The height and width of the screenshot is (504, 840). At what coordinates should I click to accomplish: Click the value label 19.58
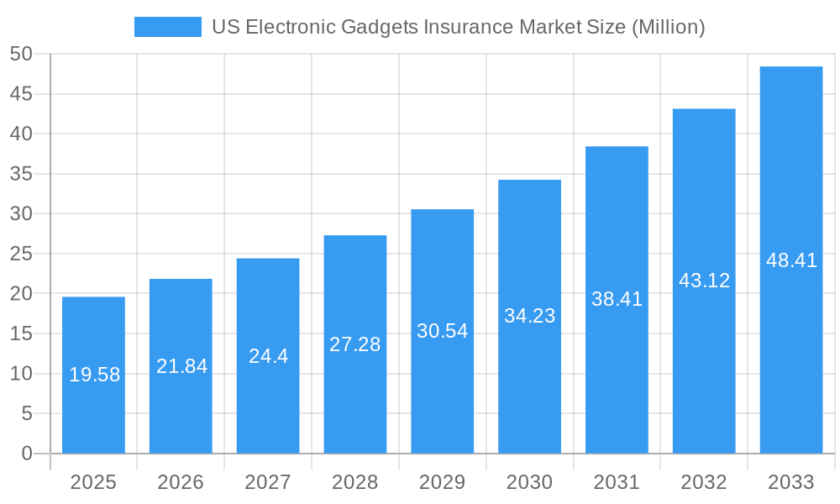[94, 375]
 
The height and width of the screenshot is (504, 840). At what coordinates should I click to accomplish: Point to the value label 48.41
[791, 260]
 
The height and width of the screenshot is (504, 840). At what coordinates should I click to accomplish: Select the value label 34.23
[529, 316]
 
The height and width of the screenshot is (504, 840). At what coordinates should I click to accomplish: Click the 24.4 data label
[268, 356]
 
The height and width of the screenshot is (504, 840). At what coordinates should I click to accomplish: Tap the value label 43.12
[704, 281]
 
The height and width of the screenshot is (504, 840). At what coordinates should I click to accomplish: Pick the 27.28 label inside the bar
[354, 344]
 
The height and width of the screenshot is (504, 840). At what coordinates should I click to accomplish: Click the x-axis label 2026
[181, 482]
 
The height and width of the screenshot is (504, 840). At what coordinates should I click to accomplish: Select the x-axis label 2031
[617, 482]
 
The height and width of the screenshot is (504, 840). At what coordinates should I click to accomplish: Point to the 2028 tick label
[354, 482]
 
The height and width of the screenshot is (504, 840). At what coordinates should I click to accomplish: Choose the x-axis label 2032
[704, 482]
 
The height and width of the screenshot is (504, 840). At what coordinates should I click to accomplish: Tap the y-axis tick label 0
[26, 454]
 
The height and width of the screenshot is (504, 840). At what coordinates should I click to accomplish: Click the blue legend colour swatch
[168, 27]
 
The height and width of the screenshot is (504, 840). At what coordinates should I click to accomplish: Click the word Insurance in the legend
[470, 27]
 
